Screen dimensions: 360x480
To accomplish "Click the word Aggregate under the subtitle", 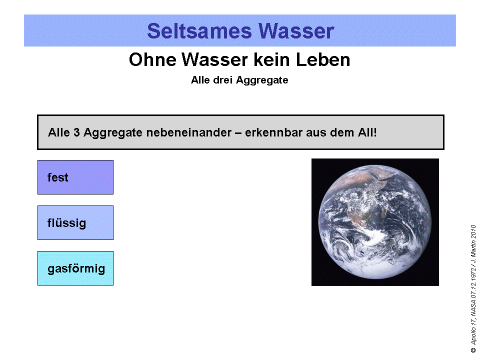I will tap(263, 80).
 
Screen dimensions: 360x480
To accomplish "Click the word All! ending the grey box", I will tap(366, 133).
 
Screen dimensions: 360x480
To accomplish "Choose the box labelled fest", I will tap(75, 177).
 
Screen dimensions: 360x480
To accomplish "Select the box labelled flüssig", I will tap(75, 222).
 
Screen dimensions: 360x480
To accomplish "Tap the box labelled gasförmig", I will tap(75, 268).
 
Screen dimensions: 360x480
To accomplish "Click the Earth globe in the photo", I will tap(375, 222).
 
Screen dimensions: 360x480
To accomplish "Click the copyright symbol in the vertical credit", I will tap(473, 350).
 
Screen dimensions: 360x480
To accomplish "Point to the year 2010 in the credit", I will tap(473, 232).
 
